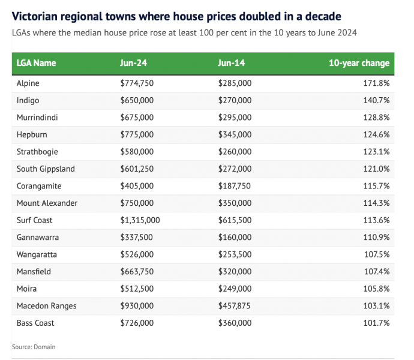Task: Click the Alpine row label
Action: (28, 83)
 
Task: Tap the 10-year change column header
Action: (359, 63)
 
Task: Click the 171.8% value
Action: (377, 83)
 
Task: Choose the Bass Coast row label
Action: (35, 323)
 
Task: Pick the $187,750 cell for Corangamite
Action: (235, 186)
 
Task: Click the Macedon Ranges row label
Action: (47, 306)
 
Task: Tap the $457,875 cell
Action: (235, 306)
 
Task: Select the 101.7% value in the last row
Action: (377, 323)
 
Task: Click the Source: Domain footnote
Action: (34, 347)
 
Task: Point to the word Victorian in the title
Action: (37, 15)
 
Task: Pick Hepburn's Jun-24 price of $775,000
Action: (137, 134)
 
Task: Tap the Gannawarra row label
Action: (38, 238)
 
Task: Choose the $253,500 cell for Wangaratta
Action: (235, 254)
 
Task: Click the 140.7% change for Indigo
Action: (377, 100)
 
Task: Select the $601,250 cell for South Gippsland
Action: (137, 169)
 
